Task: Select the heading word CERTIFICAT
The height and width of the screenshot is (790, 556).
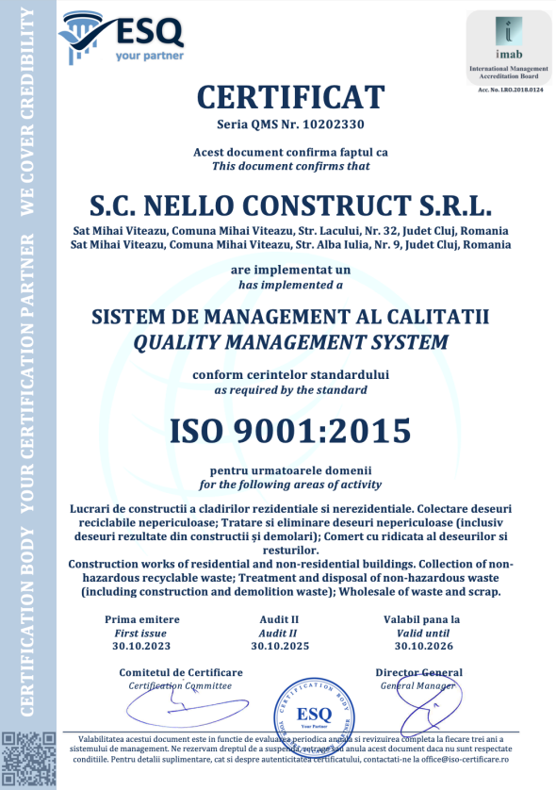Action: pos(290,96)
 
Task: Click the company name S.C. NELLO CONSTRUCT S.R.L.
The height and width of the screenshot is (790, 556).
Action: pos(290,204)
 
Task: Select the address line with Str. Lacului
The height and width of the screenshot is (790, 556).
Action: pos(290,231)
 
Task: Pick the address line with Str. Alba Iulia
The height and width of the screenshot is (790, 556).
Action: pos(290,245)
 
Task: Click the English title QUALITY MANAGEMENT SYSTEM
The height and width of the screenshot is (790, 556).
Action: pos(290,340)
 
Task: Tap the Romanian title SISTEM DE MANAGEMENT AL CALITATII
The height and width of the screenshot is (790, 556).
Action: pos(290,317)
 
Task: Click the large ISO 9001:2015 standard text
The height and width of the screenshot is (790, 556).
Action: pos(290,431)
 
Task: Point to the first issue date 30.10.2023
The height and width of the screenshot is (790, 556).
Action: pos(140,646)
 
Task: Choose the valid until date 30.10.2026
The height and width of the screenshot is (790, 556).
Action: pos(417,646)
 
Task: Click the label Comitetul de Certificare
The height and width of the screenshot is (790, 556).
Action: pos(180,672)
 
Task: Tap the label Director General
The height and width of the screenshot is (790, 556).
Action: pos(418,672)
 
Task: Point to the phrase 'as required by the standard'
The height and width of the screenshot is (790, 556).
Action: pos(290,389)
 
